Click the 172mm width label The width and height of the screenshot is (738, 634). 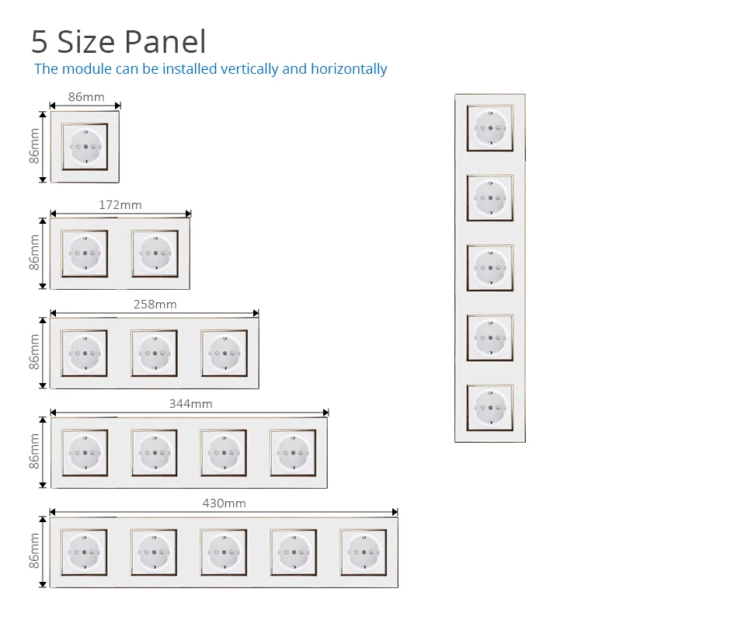tap(120, 205)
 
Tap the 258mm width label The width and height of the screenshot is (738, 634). tap(155, 305)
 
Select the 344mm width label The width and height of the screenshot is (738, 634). tap(190, 404)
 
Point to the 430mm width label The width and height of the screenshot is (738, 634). tap(224, 503)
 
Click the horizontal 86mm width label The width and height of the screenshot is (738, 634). tap(85, 97)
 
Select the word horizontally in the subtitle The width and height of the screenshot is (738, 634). tap(349, 69)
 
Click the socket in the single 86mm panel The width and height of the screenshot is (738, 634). tap(85, 146)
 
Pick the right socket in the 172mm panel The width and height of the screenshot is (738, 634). tap(155, 253)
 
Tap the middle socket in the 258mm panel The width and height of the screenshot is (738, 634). tap(155, 353)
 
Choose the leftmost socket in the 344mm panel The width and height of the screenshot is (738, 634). tap(85, 452)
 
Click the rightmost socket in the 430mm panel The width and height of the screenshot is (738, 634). tap(364, 552)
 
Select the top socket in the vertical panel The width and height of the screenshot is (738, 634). tap(489, 128)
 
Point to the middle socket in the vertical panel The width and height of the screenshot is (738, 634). tap(489, 268)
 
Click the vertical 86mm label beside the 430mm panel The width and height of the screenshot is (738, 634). tap(35, 552)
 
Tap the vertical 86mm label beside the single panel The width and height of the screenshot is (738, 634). tap(35, 146)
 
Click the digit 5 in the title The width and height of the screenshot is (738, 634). tap(40, 43)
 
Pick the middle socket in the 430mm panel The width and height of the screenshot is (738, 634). tap(224, 552)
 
